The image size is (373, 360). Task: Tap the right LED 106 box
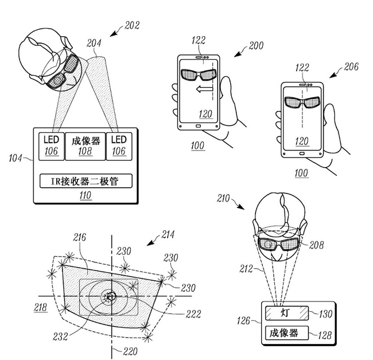click(118, 145)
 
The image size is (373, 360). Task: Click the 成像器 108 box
click(86, 145)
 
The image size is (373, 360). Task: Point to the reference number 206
click(351, 67)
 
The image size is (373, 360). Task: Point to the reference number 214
click(168, 234)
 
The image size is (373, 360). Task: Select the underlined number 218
click(41, 307)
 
